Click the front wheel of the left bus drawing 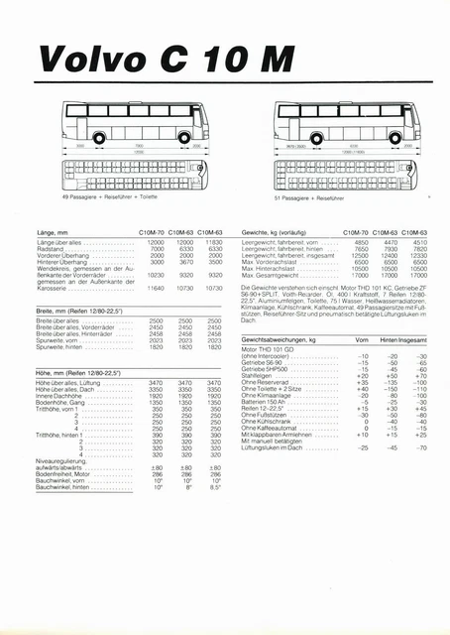[98, 137]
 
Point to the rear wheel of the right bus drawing [382, 137]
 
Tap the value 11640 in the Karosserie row [156, 288]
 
